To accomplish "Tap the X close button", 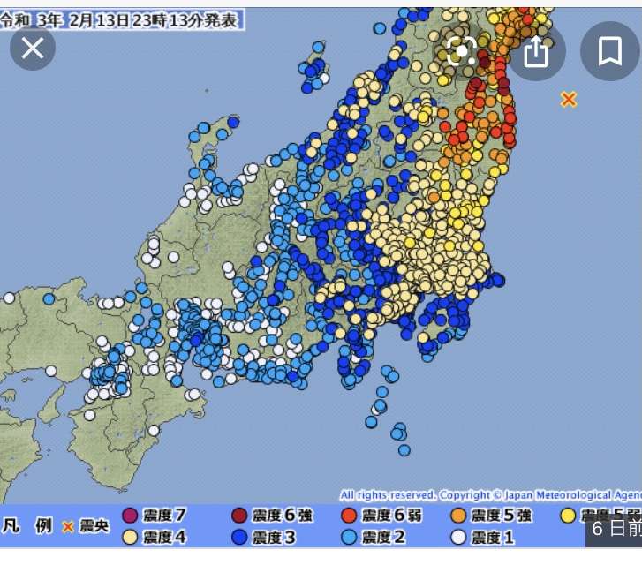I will pos(33,48).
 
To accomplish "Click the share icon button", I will pos(536,52).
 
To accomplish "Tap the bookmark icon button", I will pos(609,52).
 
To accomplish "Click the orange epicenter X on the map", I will pos(569,100).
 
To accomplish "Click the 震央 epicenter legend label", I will pos(94,527).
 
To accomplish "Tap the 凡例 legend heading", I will pos(27,526).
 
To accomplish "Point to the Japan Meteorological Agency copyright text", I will pos(490,495).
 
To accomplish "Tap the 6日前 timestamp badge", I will pos(616,529).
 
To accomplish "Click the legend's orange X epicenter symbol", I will pos(68,527).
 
